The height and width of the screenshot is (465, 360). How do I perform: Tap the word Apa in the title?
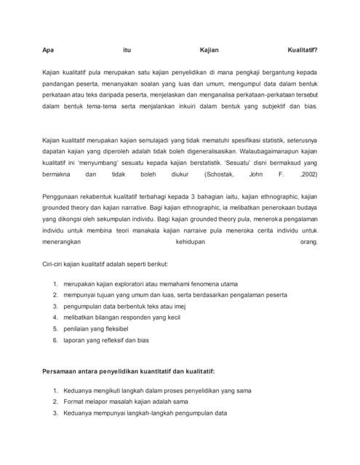(x=48, y=50)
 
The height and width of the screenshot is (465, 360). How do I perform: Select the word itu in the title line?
(x=127, y=50)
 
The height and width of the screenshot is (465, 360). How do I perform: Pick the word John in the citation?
(x=255, y=174)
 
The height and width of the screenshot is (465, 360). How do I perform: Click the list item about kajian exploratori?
(x=151, y=284)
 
